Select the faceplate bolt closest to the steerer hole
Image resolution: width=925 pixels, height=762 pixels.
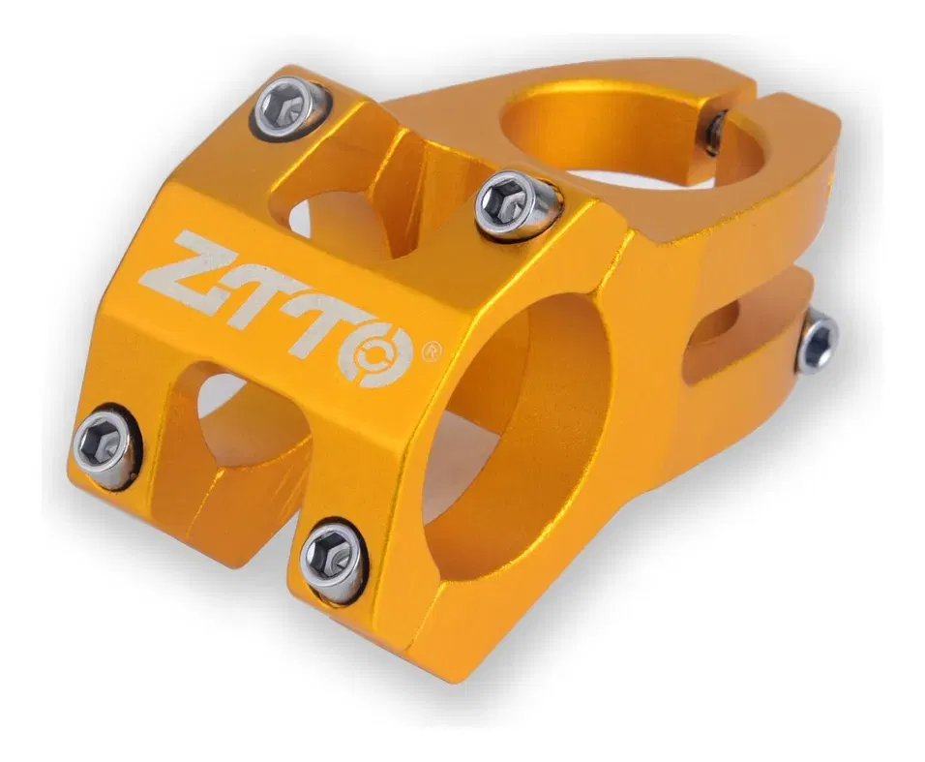coord(515,205)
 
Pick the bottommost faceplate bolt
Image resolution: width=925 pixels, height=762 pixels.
coord(333,561)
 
